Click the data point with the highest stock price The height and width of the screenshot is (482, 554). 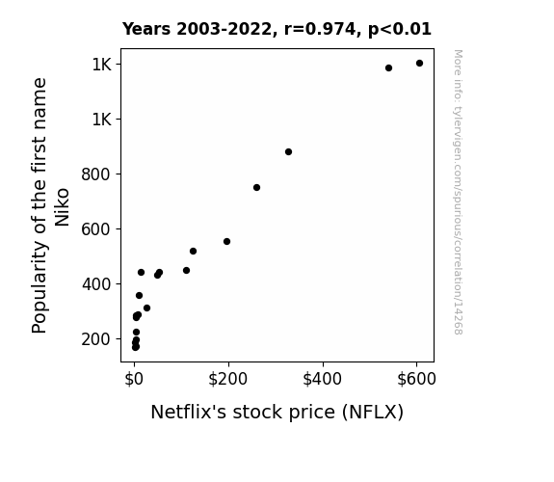(x=419, y=64)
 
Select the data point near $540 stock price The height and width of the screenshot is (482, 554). (x=388, y=67)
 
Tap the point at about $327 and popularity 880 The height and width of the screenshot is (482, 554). (x=288, y=151)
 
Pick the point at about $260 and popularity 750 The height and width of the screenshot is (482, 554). (x=257, y=187)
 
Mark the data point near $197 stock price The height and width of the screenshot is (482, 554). (x=226, y=242)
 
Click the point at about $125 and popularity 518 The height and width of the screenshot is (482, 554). (x=193, y=251)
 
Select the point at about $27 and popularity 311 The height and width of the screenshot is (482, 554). (x=147, y=308)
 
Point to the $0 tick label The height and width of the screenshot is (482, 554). (x=134, y=379)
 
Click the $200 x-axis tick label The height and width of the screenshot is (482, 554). (x=228, y=379)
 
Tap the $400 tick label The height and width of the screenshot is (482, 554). (x=322, y=379)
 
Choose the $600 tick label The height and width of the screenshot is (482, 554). (x=416, y=379)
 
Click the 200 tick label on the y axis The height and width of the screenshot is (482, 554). (x=96, y=339)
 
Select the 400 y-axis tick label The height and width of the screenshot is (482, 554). (x=96, y=284)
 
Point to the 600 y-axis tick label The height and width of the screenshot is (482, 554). (x=96, y=229)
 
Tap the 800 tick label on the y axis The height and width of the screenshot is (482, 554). (x=96, y=174)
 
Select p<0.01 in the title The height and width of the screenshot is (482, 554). (x=400, y=29)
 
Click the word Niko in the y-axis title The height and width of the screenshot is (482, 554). (x=62, y=207)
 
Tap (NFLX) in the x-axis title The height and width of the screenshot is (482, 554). (x=373, y=412)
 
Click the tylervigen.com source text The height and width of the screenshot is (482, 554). (x=458, y=192)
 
